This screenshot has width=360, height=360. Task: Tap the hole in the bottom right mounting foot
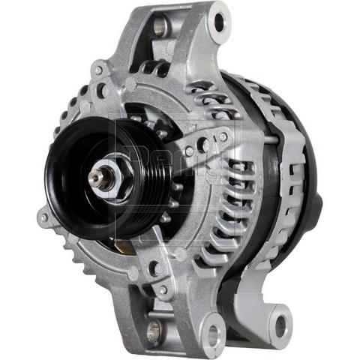coord(281,325)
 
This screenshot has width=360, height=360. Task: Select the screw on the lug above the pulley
coord(97,71)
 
